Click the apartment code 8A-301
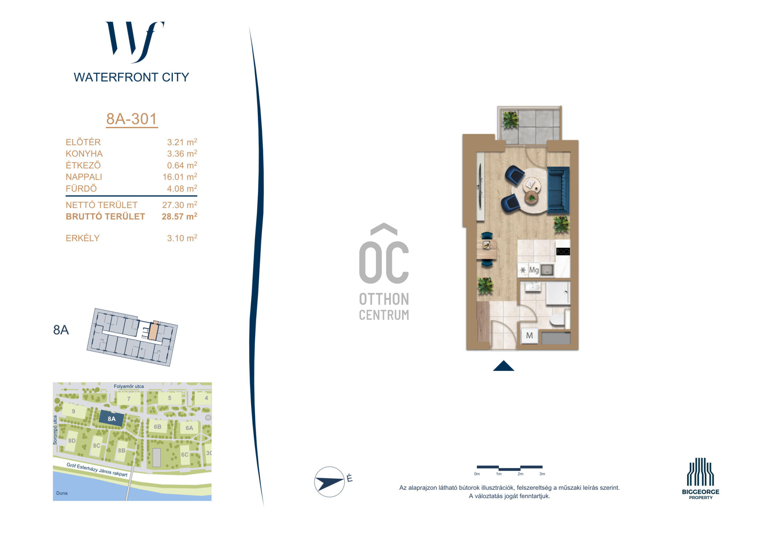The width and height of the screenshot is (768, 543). [x=132, y=119]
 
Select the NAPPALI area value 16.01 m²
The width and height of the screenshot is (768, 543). [x=180, y=176]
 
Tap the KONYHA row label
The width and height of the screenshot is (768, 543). [x=84, y=154]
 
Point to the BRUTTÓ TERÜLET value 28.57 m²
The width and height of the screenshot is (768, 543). [x=179, y=216]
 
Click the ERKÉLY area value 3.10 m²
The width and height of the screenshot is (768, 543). [x=182, y=238]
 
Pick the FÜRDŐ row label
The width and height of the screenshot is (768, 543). [x=81, y=188]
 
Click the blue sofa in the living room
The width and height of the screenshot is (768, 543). [x=558, y=190]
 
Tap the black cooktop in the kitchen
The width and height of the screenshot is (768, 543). [x=563, y=251]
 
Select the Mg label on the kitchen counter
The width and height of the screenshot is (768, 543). [x=534, y=270]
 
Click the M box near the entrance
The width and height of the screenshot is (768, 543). [x=530, y=336]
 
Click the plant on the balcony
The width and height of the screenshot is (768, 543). [x=510, y=119]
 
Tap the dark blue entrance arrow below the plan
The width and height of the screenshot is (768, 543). [x=504, y=366]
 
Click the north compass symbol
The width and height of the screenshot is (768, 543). [x=330, y=482]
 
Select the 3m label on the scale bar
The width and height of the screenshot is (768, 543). [x=542, y=474]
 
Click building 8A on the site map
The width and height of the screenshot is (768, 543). [x=112, y=419]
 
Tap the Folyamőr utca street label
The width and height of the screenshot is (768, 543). [x=129, y=386]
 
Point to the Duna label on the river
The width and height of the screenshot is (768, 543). [x=62, y=493]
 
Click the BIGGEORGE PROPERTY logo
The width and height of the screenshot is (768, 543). [x=700, y=479]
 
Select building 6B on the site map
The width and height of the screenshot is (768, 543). [x=158, y=427]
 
